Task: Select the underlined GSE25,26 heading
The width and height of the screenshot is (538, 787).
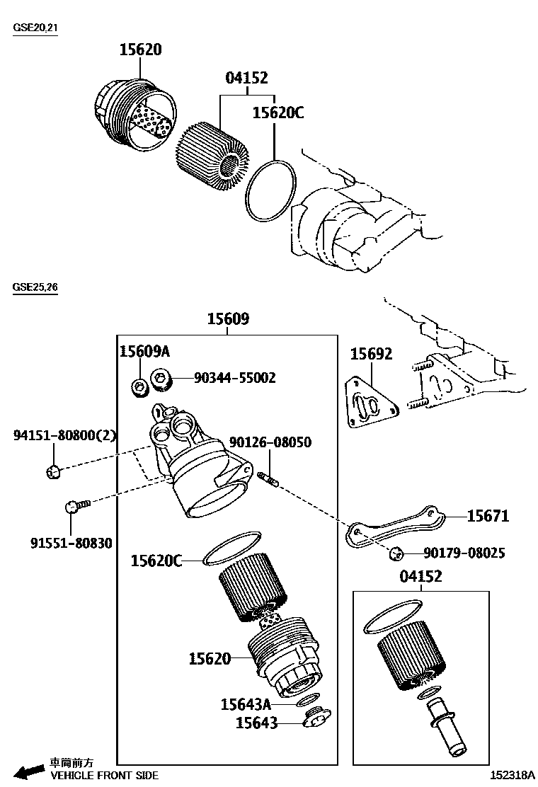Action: point(35,287)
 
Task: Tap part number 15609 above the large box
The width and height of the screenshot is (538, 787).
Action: point(227,319)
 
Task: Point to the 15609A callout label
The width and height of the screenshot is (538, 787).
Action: point(144,352)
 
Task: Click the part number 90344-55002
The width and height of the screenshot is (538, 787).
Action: point(234,378)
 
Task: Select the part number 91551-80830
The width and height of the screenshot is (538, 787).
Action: point(71,544)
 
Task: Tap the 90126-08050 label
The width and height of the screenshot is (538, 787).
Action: point(270,442)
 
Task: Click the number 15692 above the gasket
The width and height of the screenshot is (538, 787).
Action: point(371,355)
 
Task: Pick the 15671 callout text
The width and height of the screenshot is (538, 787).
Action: point(488,516)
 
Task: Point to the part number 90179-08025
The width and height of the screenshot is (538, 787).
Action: point(464,553)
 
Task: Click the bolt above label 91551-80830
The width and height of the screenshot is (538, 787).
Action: point(76,505)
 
